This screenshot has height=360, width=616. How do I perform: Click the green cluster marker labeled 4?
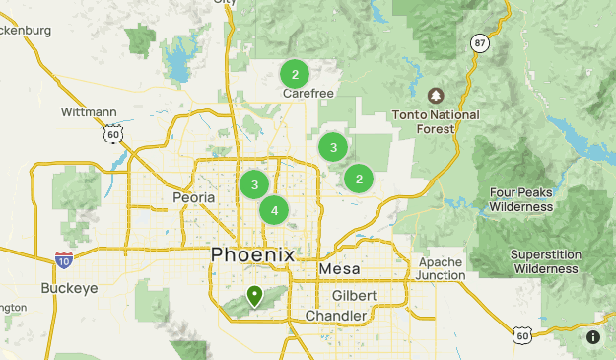coord(274,209)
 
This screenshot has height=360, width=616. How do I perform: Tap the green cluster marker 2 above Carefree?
coord(295,74)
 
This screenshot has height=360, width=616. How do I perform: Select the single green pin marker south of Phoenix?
coord(254,295)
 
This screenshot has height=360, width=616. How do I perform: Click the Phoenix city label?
coord(252,254)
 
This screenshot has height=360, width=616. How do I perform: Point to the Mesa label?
coord(339,269)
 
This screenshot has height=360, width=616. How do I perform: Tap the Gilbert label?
coord(354,296)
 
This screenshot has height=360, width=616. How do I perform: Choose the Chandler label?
coord(335,316)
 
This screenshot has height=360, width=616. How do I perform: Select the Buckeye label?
coord(67,289)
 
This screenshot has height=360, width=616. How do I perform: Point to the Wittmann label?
coord(90,112)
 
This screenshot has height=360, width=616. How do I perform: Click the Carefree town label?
coord(308,94)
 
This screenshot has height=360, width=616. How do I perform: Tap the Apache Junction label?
coord(441,268)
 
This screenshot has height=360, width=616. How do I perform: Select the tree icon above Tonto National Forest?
coord(436,96)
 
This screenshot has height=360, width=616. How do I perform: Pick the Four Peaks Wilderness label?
coord(520,199)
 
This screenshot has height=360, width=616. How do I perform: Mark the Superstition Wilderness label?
coord(544,261)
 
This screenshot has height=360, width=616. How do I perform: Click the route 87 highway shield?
coord(480,43)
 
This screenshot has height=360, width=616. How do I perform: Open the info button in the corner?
coord(593,337)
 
